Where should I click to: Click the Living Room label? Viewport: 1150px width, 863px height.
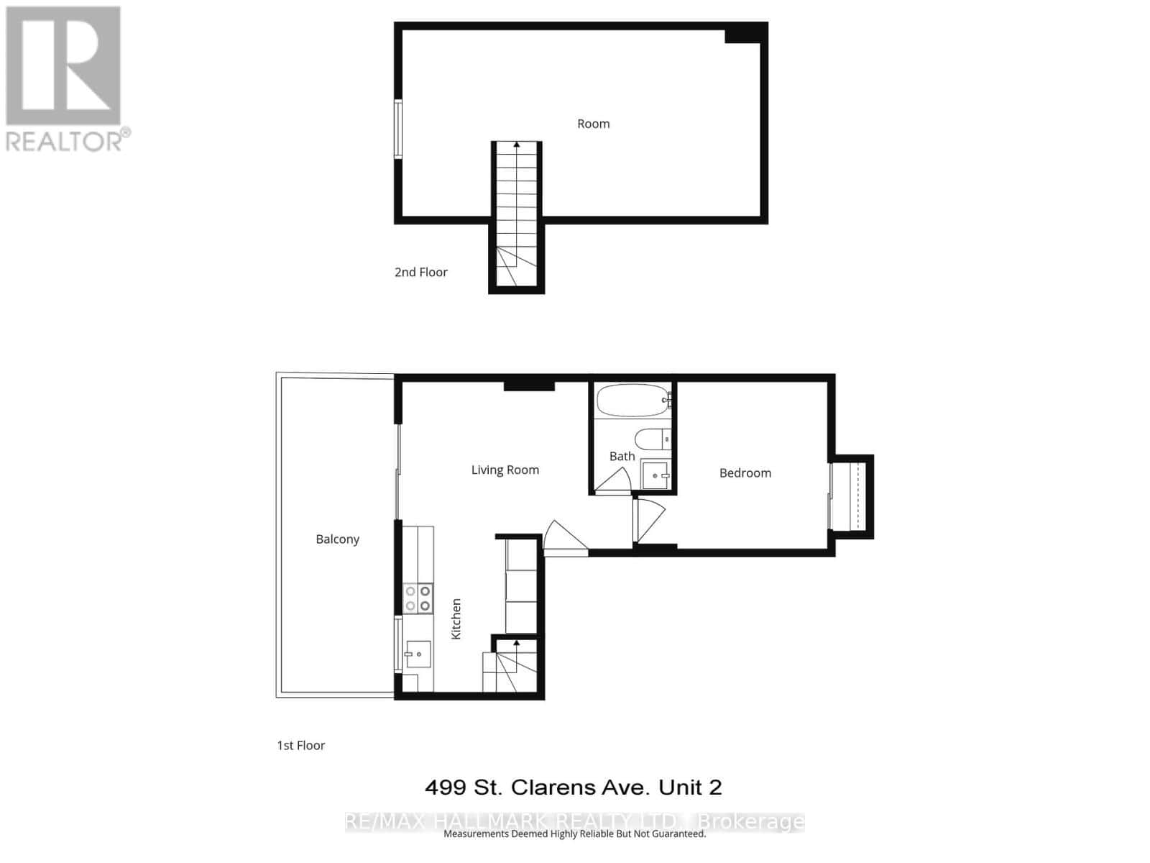coord(505,470)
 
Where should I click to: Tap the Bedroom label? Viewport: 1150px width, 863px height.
coord(745,473)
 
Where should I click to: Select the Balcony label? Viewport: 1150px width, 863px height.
coord(337,539)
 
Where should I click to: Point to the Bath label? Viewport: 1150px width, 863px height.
coord(622,457)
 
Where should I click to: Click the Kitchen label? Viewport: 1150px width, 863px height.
coord(456,618)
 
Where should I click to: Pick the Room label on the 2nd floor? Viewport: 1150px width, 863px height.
coord(593,124)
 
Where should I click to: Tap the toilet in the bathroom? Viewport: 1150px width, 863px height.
coord(652,439)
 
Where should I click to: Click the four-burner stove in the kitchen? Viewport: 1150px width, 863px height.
coord(418,598)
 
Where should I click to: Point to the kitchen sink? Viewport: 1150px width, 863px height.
coord(416,654)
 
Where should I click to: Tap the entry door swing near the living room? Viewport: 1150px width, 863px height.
coord(563,538)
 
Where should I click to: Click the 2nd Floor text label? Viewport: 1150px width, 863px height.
coord(420,273)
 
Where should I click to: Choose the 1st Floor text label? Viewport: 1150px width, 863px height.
coord(300,746)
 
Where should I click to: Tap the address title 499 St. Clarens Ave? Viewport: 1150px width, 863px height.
coord(573,787)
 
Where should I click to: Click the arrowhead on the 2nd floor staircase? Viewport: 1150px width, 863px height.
coord(517,145)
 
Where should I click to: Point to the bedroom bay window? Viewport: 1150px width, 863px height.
coord(853,496)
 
